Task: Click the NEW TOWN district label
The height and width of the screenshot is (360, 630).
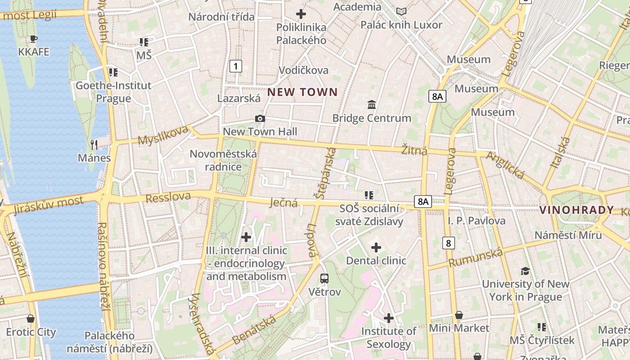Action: (x=302, y=92)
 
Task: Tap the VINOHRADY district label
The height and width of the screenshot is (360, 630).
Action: (x=576, y=210)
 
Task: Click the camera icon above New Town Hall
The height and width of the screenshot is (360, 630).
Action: (x=260, y=119)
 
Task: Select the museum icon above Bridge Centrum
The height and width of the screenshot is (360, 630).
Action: (x=372, y=105)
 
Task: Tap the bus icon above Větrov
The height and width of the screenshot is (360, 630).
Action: (x=324, y=278)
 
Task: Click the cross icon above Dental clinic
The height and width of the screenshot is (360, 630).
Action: (x=376, y=247)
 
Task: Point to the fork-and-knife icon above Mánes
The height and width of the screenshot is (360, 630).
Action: (x=94, y=144)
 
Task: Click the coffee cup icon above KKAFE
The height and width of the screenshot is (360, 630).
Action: (x=33, y=39)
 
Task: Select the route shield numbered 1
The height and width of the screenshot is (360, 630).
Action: (x=235, y=66)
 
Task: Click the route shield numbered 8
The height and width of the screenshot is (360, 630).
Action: (x=448, y=243)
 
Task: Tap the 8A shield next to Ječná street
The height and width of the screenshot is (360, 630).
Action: (x=423, y=201)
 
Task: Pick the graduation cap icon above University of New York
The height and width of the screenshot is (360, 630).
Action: (x=525, y=271)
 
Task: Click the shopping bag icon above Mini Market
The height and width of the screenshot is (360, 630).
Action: (x=459, y=315)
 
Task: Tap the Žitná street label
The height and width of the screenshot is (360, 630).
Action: (x=414, y=151)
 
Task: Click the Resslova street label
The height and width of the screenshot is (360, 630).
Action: (x=168, y=197)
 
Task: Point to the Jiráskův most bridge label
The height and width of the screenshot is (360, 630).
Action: (x=48, y=205)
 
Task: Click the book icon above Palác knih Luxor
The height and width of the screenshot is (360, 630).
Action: (x=401, y=11)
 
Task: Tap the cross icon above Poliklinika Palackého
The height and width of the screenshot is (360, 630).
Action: (x=301, y=14)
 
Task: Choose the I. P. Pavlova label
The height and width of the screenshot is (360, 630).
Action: (x=477, y=221)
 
